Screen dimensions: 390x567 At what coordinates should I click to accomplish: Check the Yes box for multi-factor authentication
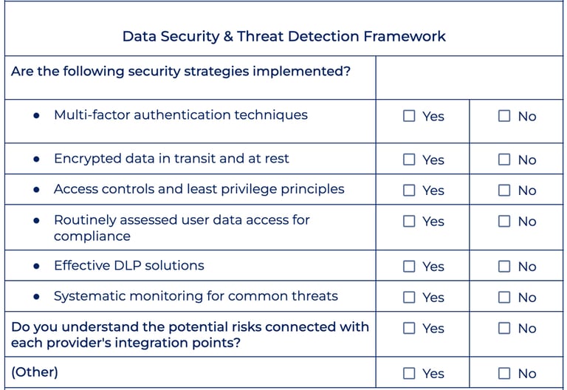click(x=409, y=116)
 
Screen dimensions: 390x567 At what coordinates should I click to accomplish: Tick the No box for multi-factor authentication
click(x=504, y=116)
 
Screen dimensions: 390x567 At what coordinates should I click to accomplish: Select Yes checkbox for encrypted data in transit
click(x=409, y=160)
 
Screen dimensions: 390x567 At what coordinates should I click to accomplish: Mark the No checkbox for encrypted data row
click(x=504, y=160)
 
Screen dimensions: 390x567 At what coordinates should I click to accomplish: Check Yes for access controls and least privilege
click(x=409, y=190)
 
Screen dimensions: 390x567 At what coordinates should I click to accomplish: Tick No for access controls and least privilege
click(x=504, y=190)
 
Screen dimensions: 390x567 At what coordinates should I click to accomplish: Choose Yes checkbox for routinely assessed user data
click(x=409, y=221)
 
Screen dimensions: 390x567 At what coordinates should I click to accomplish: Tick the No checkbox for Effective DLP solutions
click(x=504, y=266)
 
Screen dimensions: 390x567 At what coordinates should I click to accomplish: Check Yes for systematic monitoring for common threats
click(x=409, y=297)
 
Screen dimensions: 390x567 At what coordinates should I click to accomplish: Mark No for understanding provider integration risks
click(x=504, y=328)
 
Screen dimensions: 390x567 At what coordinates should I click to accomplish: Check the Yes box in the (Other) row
click(x=409, y=373)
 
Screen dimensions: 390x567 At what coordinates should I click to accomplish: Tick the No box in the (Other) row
click(x=504, y=373)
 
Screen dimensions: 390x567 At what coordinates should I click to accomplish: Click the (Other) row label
click(x=35, y=372)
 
